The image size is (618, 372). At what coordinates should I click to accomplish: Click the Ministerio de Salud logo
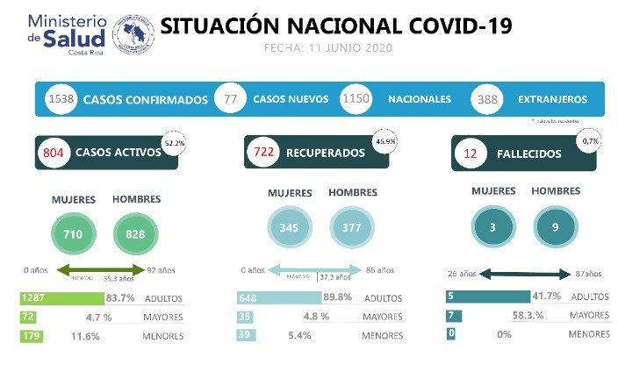tap(67, 33)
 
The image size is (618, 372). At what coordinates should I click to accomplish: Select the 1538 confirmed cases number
tap(61, 99)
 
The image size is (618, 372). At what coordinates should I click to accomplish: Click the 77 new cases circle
tap(231, 99)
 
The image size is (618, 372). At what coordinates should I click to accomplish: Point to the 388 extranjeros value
tap(487, 100)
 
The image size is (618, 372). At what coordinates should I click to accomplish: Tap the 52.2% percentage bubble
tap(175, 141)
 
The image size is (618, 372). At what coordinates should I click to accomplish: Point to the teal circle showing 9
tap(555, 227)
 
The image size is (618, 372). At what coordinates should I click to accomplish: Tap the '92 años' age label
tap(162, 270)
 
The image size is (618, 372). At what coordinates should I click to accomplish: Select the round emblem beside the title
tap(132, 33)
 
